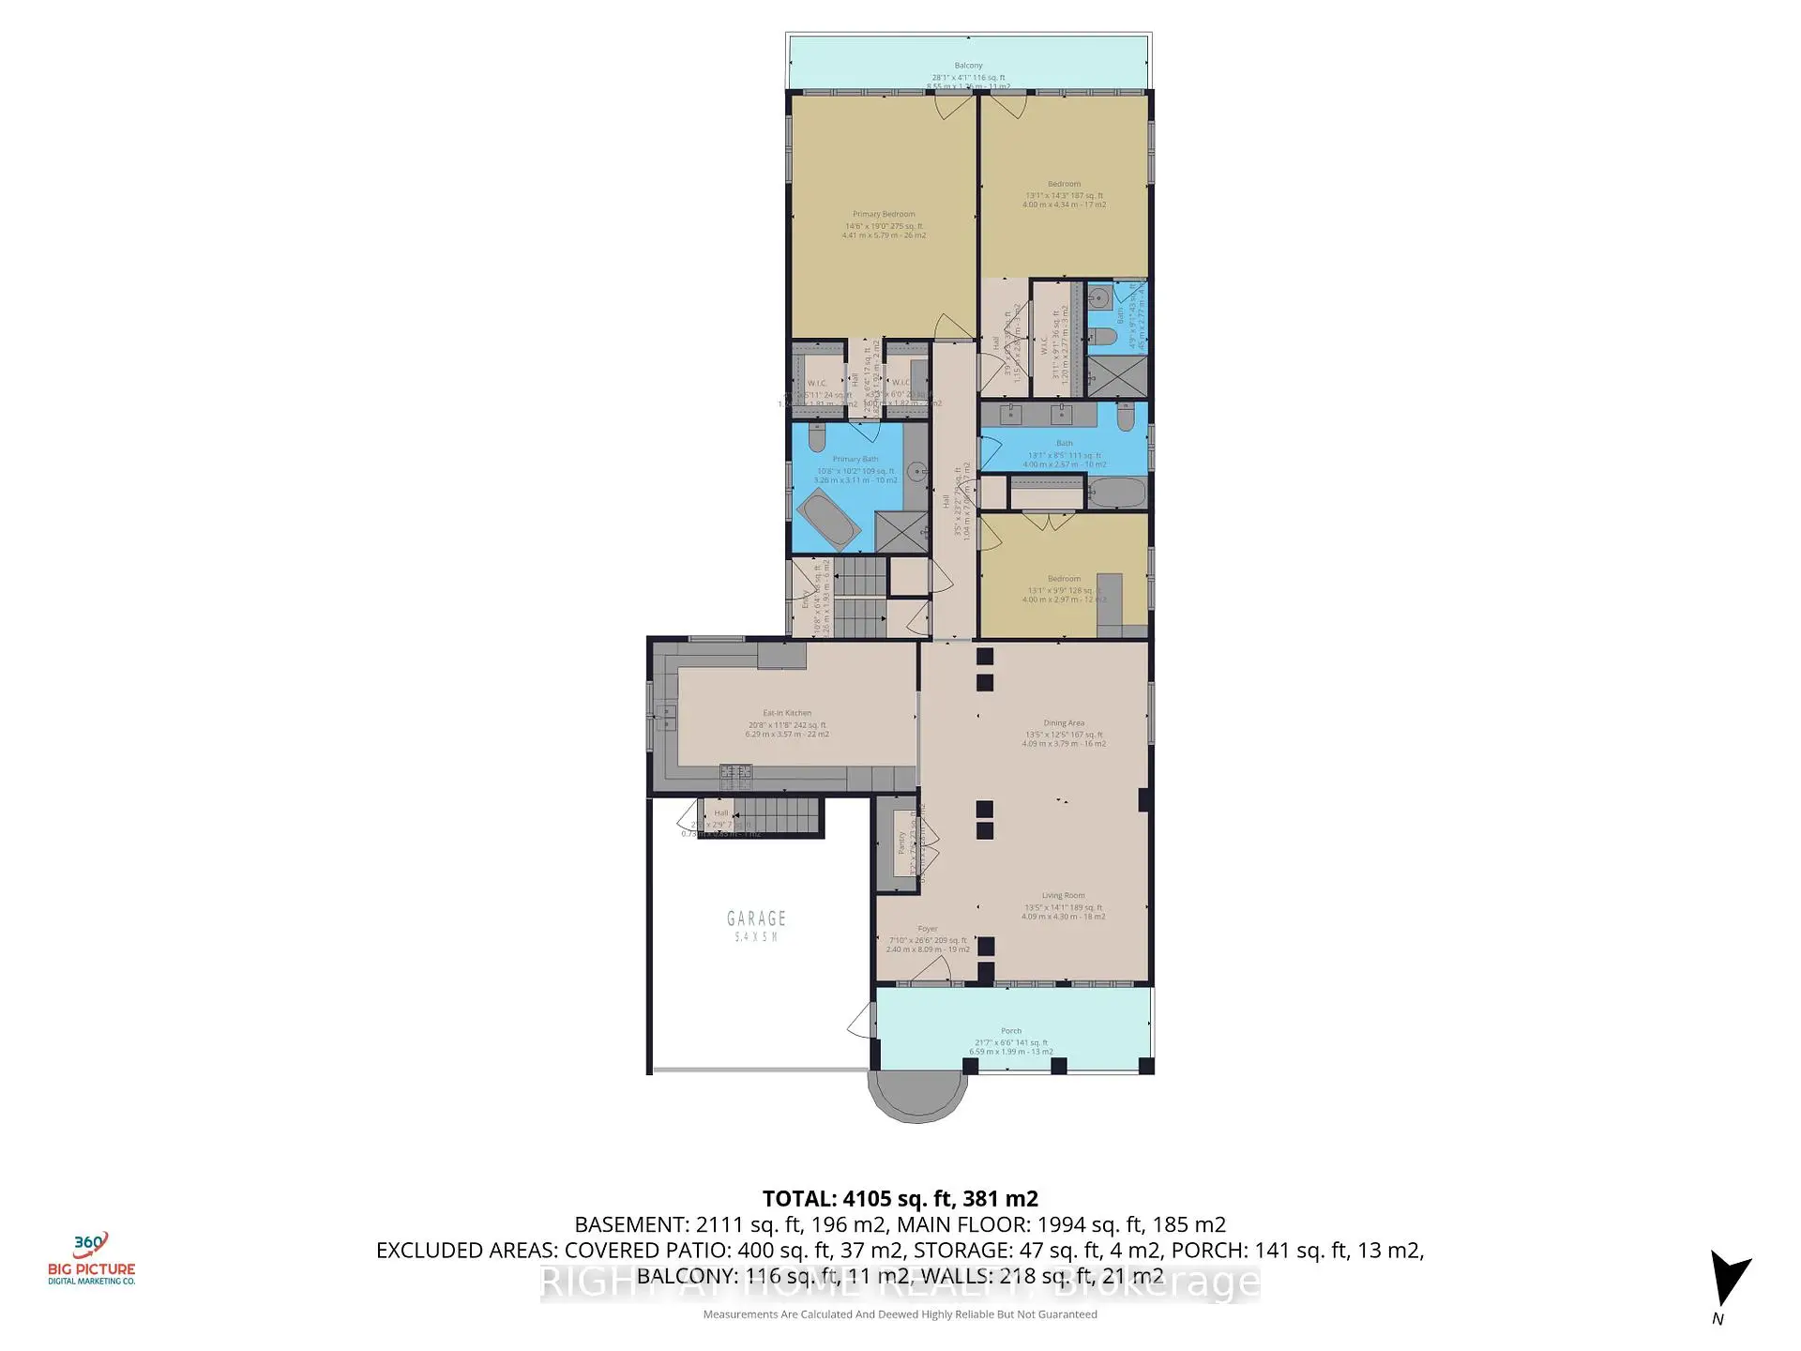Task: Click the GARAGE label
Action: pos(756,918)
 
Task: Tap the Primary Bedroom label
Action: pos(884,215)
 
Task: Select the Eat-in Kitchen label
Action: pos(787,713)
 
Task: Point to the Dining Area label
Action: pos(1064,723)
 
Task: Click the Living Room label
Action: pos(1063,896)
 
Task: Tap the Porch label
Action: pos(1010,1031)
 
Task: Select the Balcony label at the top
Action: pos(968,66)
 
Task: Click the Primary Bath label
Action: pos(855,460)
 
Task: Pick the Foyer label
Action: pos(927,929)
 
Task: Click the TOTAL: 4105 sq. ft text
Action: pos(900,1199)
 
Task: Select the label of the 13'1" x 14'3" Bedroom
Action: pos(1064,185)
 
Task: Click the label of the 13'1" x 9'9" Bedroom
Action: pos(1064,580)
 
